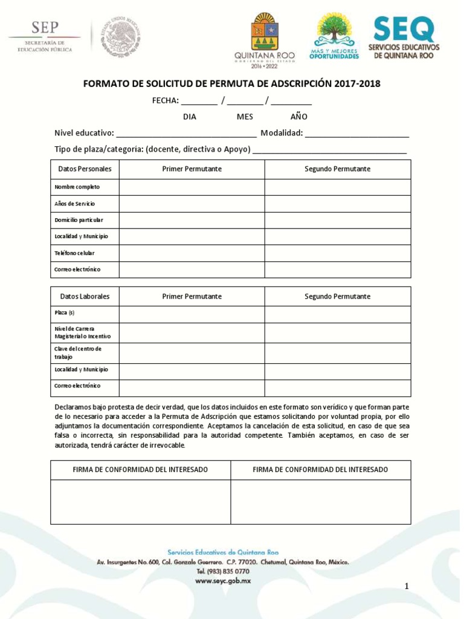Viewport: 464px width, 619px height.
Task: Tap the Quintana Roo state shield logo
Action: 264,31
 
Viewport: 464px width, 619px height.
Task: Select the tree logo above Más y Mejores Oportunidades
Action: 333,29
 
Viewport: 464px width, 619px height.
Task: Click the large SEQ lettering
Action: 404,28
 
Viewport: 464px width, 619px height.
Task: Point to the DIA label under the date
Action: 190,117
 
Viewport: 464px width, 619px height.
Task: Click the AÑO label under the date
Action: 298,117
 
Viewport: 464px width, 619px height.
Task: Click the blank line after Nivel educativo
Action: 186,134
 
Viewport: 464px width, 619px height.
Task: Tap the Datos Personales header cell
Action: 85,169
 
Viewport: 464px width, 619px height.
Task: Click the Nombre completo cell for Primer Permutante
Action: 192,187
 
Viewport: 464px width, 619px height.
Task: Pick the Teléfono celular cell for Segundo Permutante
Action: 337,253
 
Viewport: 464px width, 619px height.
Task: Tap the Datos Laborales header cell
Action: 85,297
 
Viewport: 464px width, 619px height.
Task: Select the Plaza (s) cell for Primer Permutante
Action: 192,314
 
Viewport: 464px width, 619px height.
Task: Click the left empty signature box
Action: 140,502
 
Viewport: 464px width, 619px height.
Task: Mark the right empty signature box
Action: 320,502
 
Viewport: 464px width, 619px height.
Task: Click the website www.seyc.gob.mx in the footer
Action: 223,581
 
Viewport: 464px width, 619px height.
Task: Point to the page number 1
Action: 407,586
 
